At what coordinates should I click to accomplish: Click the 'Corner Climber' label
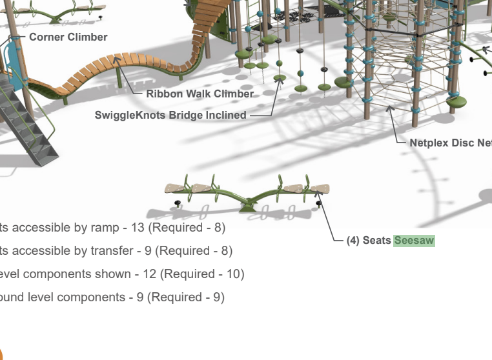point(68,37)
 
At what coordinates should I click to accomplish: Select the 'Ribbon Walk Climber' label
point(200,94)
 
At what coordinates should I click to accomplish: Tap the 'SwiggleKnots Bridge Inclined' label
point(170,115)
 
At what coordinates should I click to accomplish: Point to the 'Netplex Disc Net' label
point(451,143)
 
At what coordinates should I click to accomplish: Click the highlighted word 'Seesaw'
point(414,241)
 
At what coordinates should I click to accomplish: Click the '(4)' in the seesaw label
point(353,241)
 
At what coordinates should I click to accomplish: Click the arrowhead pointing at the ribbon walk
point(117,59)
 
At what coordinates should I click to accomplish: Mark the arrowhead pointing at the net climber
point(389,108)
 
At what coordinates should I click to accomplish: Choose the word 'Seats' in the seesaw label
point(376,241)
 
